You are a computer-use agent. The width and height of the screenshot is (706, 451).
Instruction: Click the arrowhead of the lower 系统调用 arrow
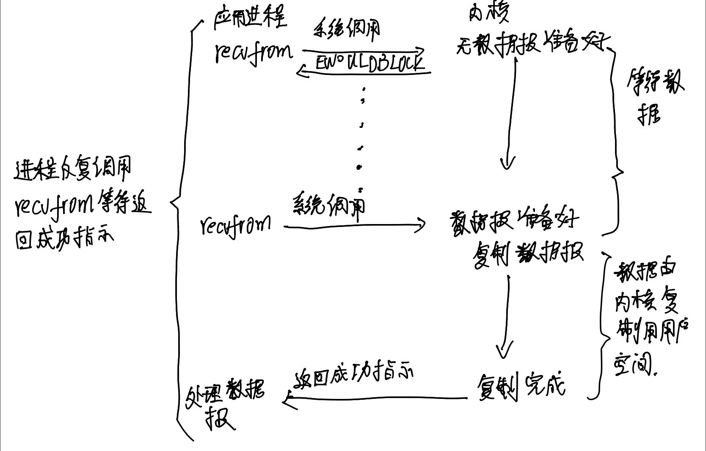pyautogui.click(x=421, y=225)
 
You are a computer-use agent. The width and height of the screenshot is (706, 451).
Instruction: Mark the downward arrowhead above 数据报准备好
pyautogui.click(x=507, y=163)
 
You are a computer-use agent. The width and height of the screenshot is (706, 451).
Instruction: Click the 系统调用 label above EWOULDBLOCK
pyautogui.click(x=346, y=30)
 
